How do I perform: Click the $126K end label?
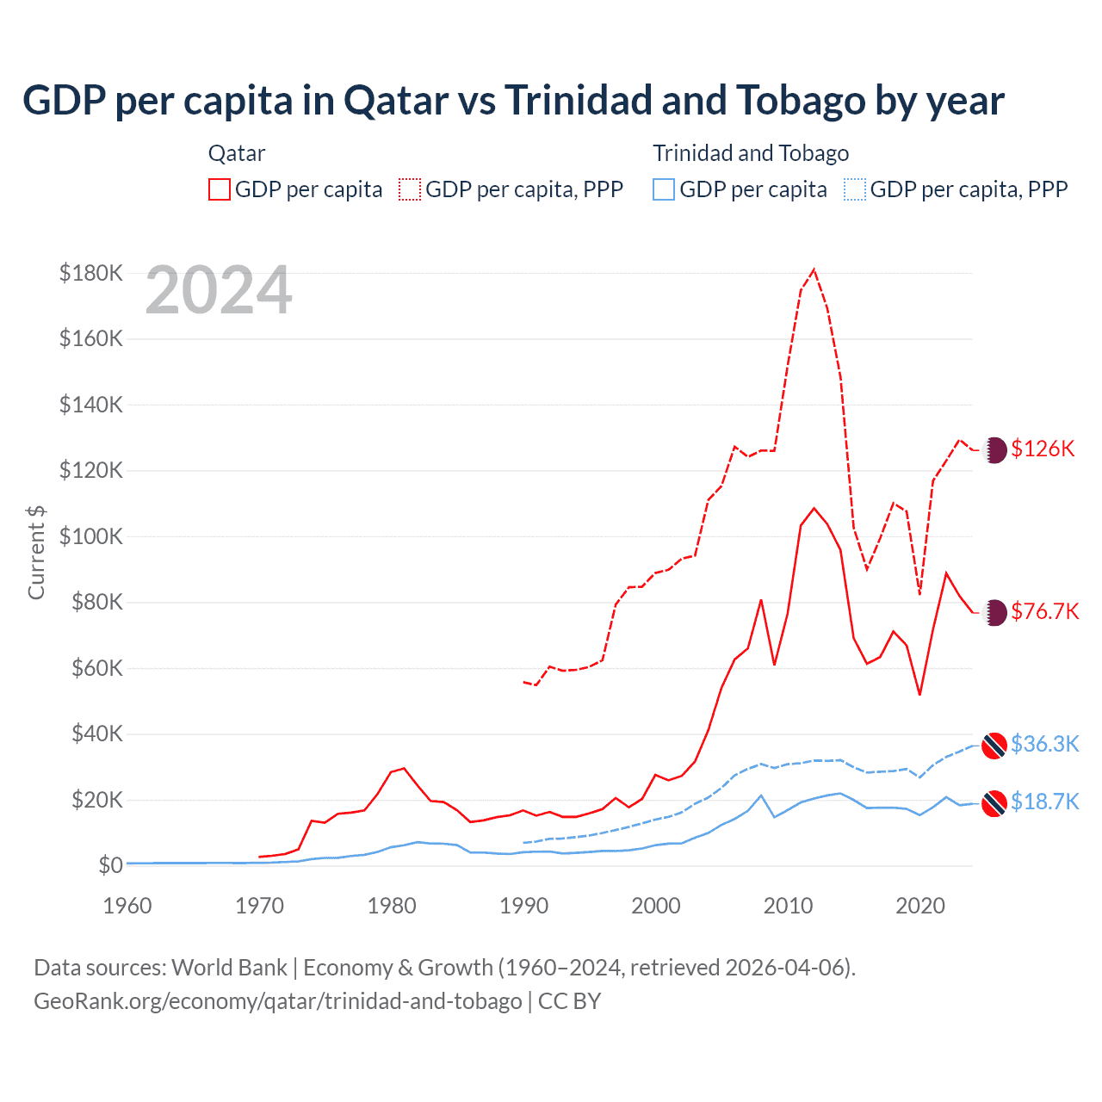click(x=1043, y=449)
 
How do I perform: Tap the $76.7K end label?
click(x=1044, y=611)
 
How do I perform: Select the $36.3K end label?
click(x=1044, y=744)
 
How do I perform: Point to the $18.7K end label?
click(x=1044, y=802)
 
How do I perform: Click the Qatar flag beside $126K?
click(x=994, y=449)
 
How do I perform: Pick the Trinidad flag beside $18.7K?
click(x=994, y=803)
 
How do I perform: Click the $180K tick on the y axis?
click(x=91, y=273)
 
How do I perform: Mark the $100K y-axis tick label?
click(x=91, y=536)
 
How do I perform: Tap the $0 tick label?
click(x=110, y=865)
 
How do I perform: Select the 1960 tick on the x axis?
click(x=127, y=906)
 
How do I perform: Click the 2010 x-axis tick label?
click(x=788, y=906)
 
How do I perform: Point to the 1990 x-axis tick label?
click(x=523, y=906)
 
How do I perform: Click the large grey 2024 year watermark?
click(x=219, y=291)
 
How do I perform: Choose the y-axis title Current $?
click(x=36, y=553)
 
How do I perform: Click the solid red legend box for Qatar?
click(x=220, y=189)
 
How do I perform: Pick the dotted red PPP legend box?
click(x=410, y=189)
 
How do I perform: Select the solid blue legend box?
click(x=664, y=189)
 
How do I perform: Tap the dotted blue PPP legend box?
click(x=855, y=189)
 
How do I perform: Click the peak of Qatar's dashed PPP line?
click(x=814, y=269)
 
